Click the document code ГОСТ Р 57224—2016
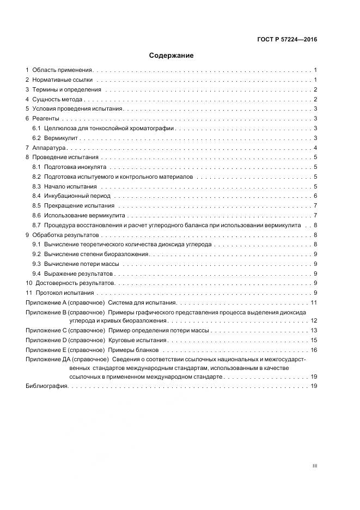click(288, 40)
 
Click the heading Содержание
click(172, 56)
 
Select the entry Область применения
click(63, 70)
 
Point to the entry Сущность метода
click(57, 100)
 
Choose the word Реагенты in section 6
click(46, 119)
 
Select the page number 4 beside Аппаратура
click(315, 148)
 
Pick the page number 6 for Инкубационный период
click(315, 196)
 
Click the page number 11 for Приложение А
click(314, 302)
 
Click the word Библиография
click(46, 386)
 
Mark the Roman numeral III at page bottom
click(314, 466)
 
